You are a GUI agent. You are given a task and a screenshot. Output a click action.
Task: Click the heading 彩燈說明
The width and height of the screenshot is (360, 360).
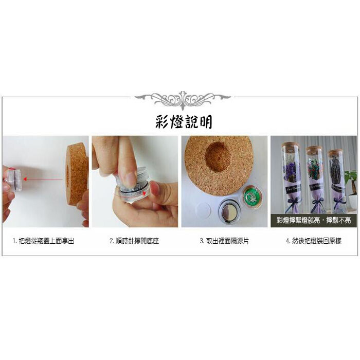(x=184, y=122)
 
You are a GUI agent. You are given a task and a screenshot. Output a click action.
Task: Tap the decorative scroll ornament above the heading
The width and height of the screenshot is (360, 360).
(x=183, y=99)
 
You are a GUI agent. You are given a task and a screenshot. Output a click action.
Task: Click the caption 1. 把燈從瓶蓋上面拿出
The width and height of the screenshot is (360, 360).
(x=43, y=241)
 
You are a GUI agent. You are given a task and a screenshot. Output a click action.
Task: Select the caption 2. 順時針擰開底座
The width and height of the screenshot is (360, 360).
(x=134, y=241)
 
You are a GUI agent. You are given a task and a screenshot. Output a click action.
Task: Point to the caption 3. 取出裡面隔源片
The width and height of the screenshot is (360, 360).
(x=224, y=241)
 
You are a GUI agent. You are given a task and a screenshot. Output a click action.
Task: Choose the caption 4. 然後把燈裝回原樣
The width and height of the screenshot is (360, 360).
(x=314, y=241)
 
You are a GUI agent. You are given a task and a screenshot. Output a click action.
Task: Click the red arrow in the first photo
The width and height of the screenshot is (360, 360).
(x=43, y=179)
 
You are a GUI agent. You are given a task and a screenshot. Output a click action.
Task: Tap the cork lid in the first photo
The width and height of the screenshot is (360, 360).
(x=77, y=174)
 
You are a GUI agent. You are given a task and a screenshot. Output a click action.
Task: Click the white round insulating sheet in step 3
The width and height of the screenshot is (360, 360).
(x=203, y=209)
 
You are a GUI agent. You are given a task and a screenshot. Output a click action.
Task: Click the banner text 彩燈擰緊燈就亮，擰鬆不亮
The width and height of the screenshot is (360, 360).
(x=314, y=221)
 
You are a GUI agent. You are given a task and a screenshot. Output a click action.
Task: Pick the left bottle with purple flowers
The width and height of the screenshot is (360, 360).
(x=292, y=177)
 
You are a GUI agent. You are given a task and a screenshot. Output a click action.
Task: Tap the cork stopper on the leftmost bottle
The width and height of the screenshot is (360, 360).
(x=290, y=144)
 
